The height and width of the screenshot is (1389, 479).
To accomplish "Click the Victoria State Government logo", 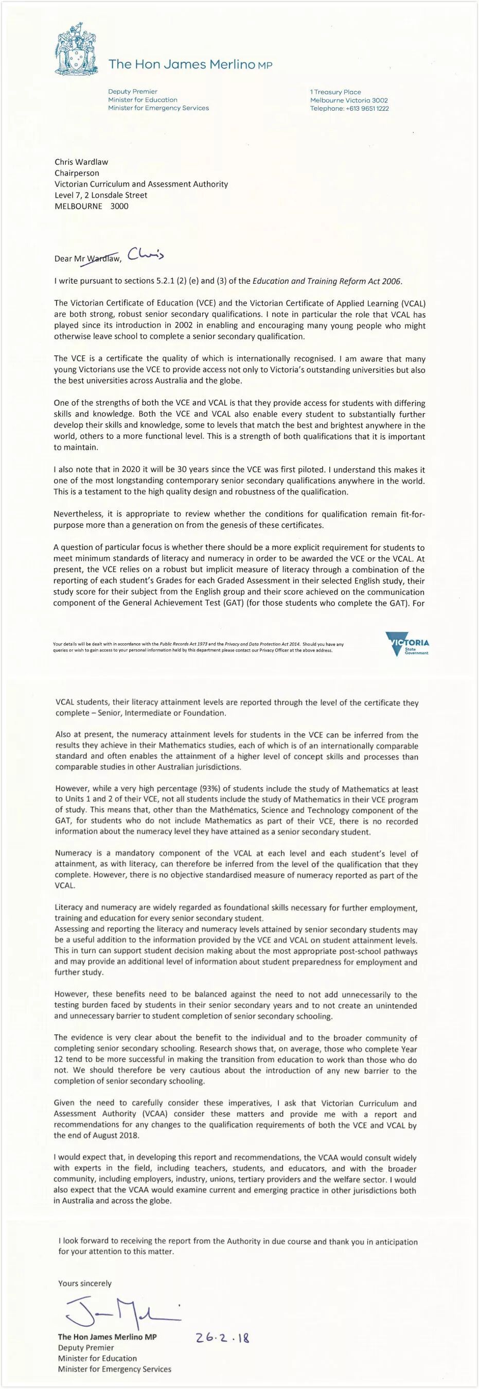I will [408, 645].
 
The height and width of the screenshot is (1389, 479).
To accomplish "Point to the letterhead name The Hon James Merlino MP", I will [191, 65].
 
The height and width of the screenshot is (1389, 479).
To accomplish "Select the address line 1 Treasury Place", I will [335, 92].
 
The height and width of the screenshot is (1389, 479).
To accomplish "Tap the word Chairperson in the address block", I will [77, 173].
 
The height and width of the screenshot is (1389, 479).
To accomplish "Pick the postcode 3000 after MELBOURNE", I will [119, 206].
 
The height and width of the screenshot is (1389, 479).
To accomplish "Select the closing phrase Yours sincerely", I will [84, 1284].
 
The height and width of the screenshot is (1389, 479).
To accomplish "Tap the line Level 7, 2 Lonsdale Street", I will [101, 195].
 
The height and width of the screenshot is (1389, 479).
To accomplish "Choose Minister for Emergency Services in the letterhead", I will [158, 108].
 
